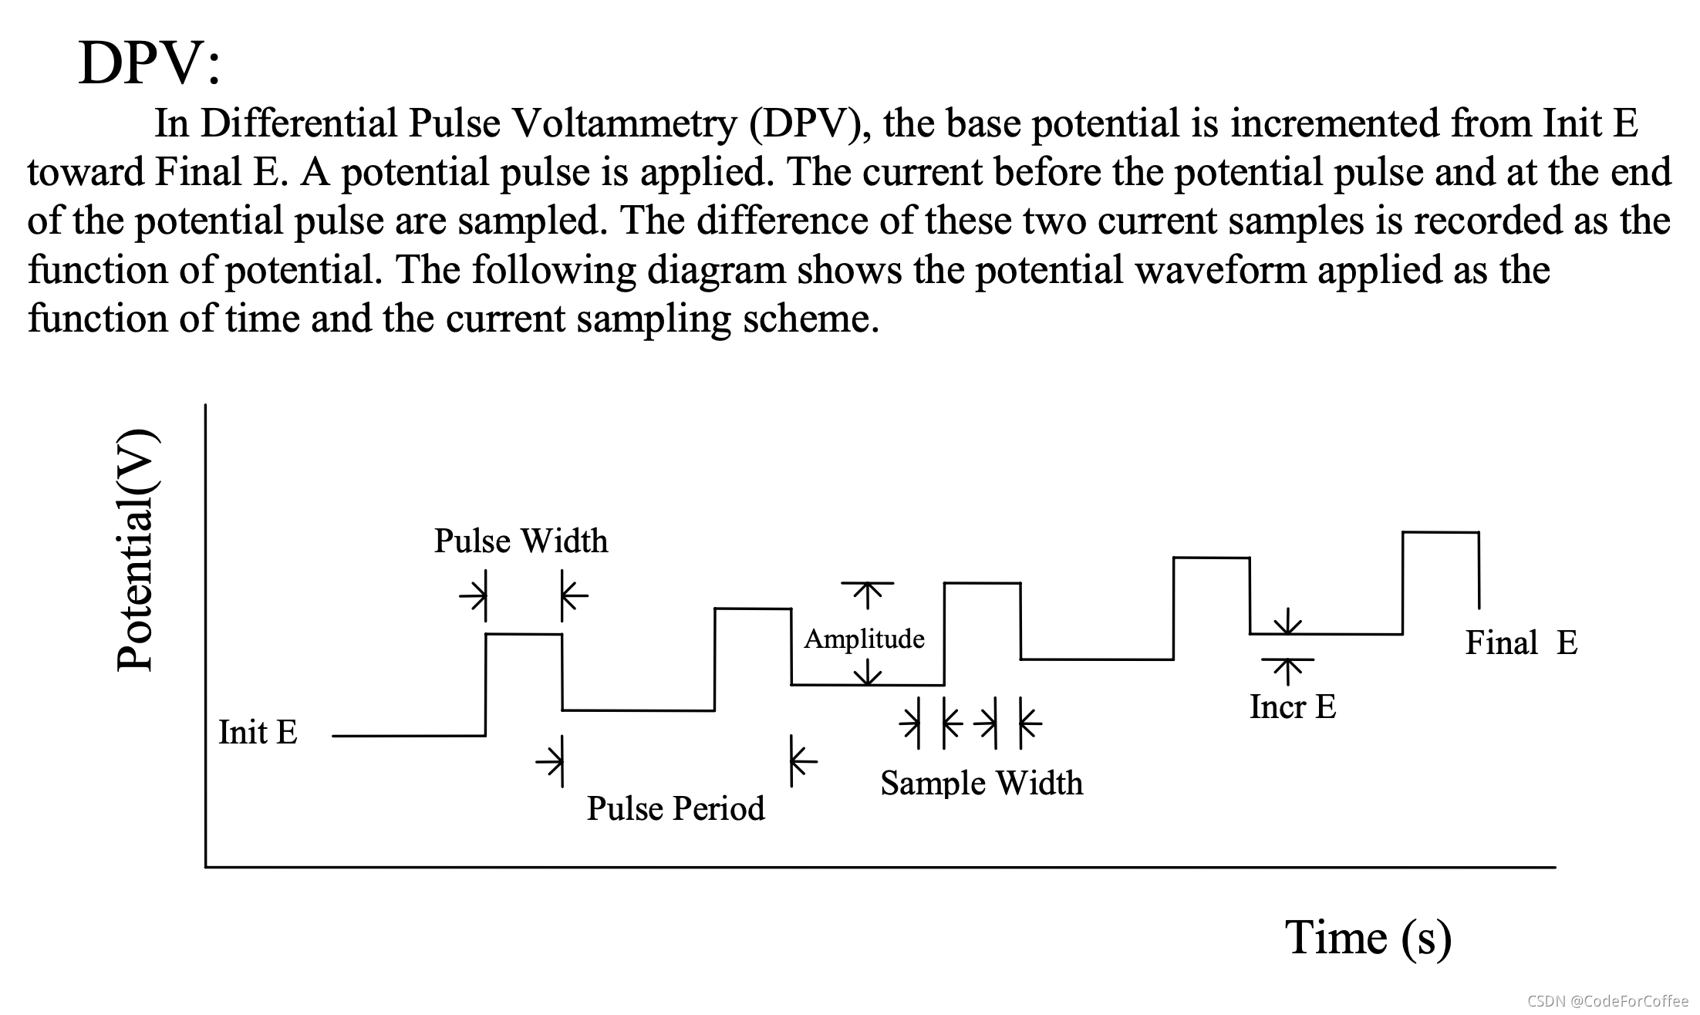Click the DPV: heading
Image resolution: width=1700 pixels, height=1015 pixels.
[149, 63]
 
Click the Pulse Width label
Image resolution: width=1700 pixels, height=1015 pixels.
[521, 541]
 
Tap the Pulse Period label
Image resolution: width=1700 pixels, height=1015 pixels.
[676, 808]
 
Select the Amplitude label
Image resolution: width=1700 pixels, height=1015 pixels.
[864, 639]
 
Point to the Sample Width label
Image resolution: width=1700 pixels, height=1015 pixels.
[981, 784]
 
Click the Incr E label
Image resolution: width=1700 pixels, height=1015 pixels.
[1293, 706]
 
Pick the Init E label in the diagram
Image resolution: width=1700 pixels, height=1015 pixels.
[258, 732]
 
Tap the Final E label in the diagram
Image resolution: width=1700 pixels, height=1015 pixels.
[1521, 642]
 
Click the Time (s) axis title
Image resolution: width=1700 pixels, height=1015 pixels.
[1368, 938]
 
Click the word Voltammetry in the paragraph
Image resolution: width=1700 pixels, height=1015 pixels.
[625, 123]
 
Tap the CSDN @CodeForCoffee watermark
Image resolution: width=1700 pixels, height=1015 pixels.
[1607, 1001]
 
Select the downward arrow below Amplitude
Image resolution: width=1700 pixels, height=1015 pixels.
[868, 675]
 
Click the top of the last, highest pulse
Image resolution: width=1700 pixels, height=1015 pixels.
[1440, 532]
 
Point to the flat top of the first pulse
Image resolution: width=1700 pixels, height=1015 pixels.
[524, 634]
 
